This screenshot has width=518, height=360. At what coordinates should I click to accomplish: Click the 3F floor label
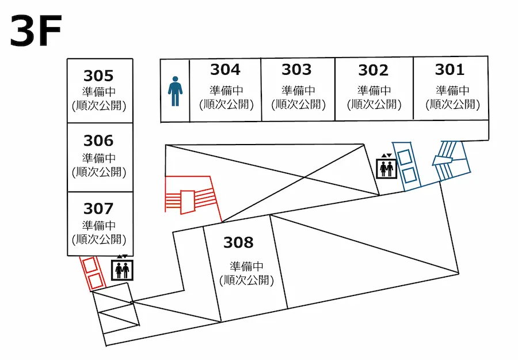point(36,32)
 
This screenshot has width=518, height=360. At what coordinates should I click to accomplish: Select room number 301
point(450,70)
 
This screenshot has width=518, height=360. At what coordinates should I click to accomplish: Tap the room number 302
point(373,70)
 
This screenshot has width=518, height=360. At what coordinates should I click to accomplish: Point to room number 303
point(296,70)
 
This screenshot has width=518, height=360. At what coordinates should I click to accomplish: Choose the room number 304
point(225,70)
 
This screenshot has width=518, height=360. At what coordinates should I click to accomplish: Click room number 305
point(98,76)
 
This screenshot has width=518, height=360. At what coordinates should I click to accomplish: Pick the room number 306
point(98,141)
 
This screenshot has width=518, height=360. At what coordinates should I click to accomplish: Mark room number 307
point(98,208)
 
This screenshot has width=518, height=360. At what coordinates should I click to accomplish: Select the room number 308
point(238,242)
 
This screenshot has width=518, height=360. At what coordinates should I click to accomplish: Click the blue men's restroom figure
point(175,92)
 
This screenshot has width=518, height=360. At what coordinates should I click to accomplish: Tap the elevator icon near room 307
point(122,268)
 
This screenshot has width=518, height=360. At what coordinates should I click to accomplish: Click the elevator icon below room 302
point(386,168)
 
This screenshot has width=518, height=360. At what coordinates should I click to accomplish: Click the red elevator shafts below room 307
point(93,273)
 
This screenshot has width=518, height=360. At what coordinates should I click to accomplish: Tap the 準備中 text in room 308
point(246,267)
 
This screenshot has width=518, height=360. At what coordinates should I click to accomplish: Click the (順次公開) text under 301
point(452,104)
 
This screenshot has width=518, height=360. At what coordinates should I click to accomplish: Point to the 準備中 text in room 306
point(98,158)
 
